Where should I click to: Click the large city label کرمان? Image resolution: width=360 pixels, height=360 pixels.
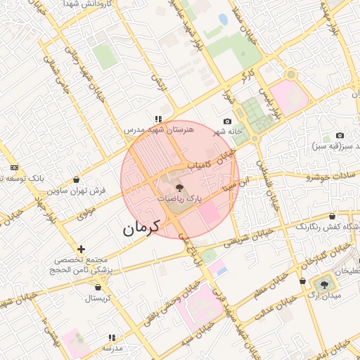click(x=141, y=227)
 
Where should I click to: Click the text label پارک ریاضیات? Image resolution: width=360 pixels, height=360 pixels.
click(x=179, y=200)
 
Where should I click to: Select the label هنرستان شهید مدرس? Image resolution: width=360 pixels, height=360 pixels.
click(x=153, y=130)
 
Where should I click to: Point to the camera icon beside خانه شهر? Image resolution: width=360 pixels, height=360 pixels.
click(x=227, y=122)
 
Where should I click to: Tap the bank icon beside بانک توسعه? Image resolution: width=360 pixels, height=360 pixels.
click(x=15, y=168)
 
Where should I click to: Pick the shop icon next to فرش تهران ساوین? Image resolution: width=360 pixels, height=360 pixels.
click(x=76, y=180)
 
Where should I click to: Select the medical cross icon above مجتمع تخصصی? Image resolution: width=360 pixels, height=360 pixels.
click(x=82, y=249)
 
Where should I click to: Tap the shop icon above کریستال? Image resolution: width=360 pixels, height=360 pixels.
click(x=97, y=287)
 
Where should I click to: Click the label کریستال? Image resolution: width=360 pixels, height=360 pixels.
click(x=100, y=297)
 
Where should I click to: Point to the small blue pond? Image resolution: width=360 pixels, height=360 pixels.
click(x=223, y=20)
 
